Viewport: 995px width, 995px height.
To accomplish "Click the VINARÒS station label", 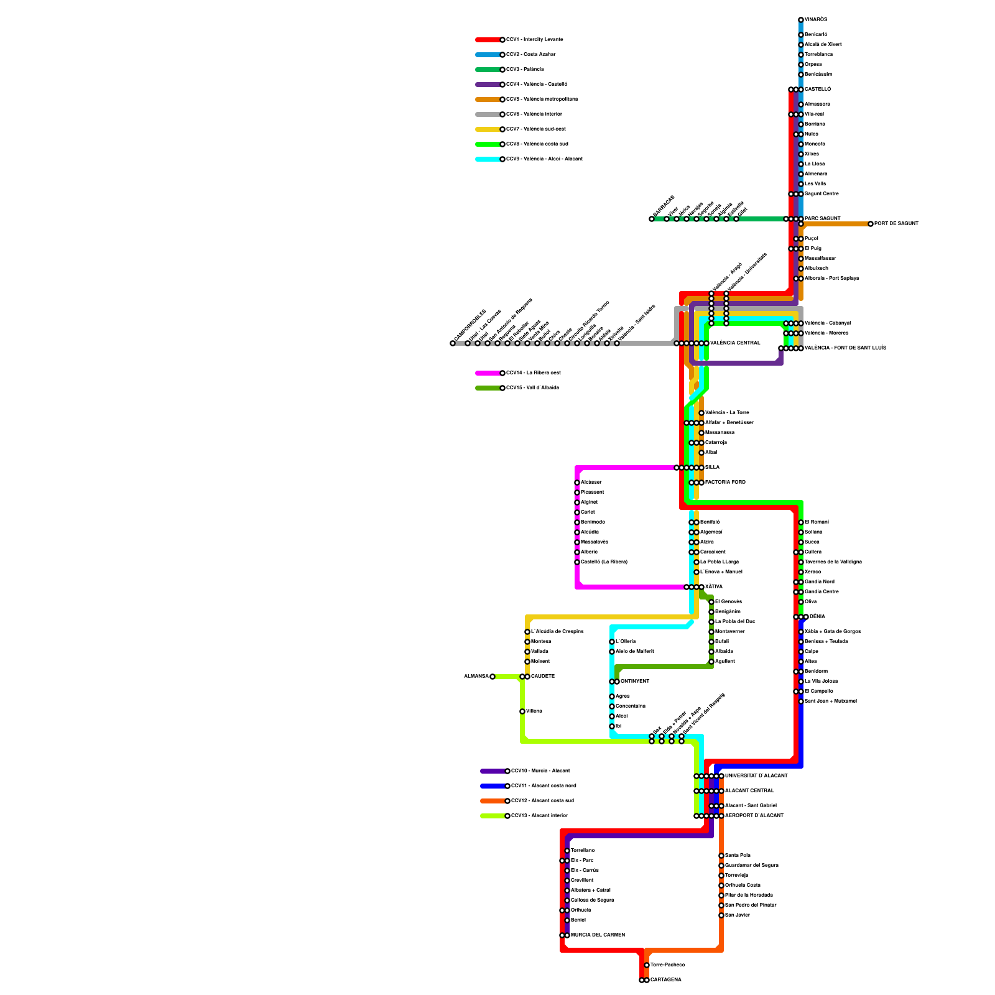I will pyautogui.click(x=816, y=20).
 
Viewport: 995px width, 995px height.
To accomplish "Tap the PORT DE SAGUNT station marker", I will pyautogui.click(x=871, y=224).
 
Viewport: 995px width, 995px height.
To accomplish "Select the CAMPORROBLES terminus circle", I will pyautogui.click(x=453, y=343).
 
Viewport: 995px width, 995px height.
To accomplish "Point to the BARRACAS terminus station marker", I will pyautogui.click(x=652, y=219).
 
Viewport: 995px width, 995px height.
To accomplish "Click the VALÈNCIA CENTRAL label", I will pyautogui.click(x=735, y=343).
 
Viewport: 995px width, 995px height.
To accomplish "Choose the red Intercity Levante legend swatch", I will pyautogui.click(x=488, y=40).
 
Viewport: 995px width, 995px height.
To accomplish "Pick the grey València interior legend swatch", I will pyautogui.click(x=488, y=114).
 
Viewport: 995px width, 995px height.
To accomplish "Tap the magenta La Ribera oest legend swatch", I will pyautogui.click(x=488, y=373).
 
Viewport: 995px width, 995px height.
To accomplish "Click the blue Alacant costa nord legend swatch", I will pyautogui.click(x=493, y=786).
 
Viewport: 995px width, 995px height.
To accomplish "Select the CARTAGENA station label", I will pyautogui.click(x=666, y=980).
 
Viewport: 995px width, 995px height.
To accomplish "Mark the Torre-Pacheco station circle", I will pyautogui.click(x=647, y=965).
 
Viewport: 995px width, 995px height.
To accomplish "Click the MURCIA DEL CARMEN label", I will pyautogui.click(x=598, y=935).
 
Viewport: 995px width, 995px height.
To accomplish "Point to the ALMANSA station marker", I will pyautogui.click(x=493, y=677).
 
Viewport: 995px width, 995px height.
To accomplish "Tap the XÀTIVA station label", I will pyautogui.click(x=714, y=587).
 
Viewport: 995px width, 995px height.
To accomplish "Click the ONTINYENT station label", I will pyautogui.click(x=635, y=682).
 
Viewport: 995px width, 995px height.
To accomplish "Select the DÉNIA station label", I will pyautogui.click(x=817, y=617).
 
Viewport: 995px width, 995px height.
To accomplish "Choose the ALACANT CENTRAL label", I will pyautogui.click(x=749, y=791).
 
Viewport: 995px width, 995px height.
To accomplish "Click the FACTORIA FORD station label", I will pyautogui.click(x=725, y=483).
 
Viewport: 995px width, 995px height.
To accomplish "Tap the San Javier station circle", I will pyautogui.click(x=721, y=915).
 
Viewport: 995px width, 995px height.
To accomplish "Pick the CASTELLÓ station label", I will pyautogui.click(x=818, y=90).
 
